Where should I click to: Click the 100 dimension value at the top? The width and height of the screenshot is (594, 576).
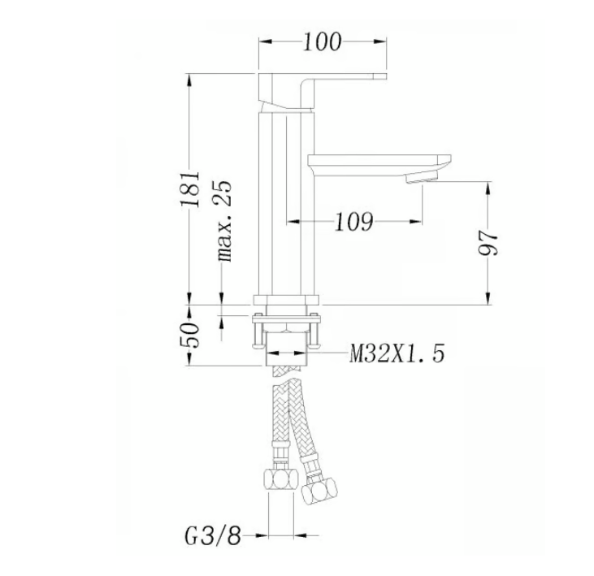coord(322,41)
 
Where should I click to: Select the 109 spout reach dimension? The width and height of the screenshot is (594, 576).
coord(353,221)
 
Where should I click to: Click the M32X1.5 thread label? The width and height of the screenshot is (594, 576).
coord(397,353)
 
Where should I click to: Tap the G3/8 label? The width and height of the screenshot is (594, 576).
coord(211,535)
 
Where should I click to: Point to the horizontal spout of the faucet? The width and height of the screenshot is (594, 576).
coord(374,160)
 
